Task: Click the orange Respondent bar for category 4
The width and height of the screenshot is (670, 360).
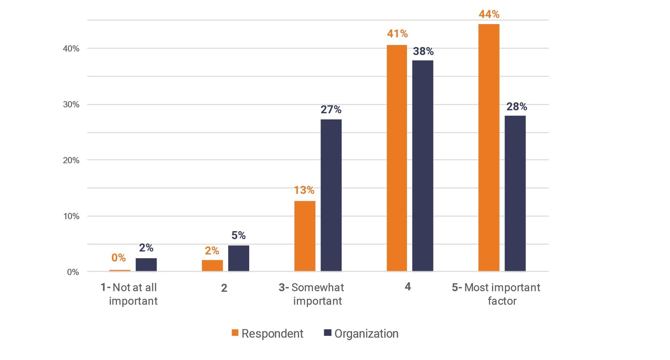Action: pos(397,158)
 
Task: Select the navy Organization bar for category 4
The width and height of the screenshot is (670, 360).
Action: pos(422,166)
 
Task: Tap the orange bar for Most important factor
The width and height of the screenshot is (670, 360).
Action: pos(488,147)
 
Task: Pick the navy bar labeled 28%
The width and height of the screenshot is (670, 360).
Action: pos(515,193)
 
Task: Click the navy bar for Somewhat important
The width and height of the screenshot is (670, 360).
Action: pos(331,195)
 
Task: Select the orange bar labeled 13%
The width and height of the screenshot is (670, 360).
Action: pos(305,236)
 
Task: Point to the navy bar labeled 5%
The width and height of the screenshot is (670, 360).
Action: pos(239,258)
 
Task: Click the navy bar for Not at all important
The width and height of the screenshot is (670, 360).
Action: pos(146,264)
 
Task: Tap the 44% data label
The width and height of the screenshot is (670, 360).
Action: pos(489,14)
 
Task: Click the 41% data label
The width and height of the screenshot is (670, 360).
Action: pos(397,34)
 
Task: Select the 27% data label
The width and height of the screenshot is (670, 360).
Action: pos(331,109)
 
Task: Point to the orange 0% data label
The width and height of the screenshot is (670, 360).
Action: pos(118,257)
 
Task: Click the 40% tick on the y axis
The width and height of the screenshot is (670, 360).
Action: pos(71,49)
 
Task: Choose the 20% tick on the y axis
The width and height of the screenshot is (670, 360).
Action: pos(71,160)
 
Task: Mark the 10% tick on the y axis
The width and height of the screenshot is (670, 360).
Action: pos(71,216)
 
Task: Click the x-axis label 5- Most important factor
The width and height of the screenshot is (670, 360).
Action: pos(496,294)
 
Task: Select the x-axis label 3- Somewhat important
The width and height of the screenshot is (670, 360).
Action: pos(311,294)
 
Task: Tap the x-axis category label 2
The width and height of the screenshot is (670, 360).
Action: pos(224,288)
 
